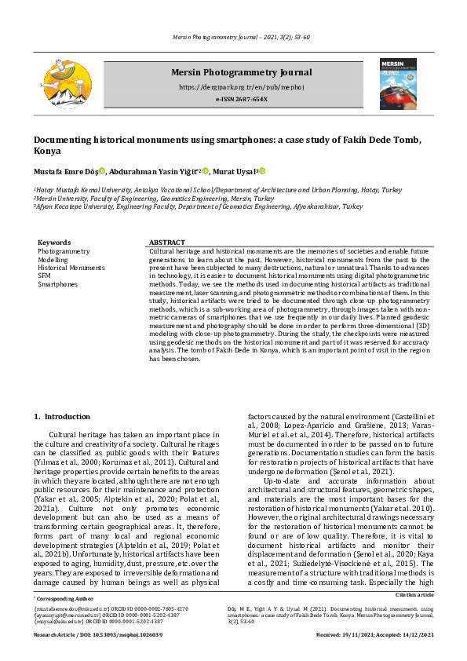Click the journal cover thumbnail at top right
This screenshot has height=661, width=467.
click(398, 83)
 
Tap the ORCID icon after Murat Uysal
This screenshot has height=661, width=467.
click(263, 172)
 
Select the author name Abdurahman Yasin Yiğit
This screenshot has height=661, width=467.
click(156, 172)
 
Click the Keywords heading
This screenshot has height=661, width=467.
click(54, 243)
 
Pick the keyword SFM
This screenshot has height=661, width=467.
click(45, 276)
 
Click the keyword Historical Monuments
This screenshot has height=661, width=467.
click(71, 268)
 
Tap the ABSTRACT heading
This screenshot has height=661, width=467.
click(166, 243)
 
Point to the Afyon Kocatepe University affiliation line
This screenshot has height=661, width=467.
click(198, 206)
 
